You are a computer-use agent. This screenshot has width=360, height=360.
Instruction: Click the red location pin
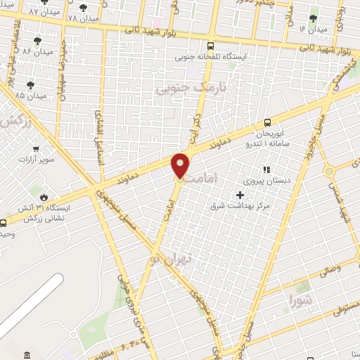click(x=181, y=165)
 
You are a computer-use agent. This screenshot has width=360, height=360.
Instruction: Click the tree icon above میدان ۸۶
click(x=37, y=41)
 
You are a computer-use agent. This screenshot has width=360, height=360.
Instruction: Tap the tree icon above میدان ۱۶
click(x=314, y=18)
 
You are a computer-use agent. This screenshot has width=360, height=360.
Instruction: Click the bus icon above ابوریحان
click(x=266, y=122)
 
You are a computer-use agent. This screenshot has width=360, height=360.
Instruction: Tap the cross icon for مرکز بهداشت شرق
click(x=240, y=195)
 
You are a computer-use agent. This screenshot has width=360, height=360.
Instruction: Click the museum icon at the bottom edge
click(x=27, y=354)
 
